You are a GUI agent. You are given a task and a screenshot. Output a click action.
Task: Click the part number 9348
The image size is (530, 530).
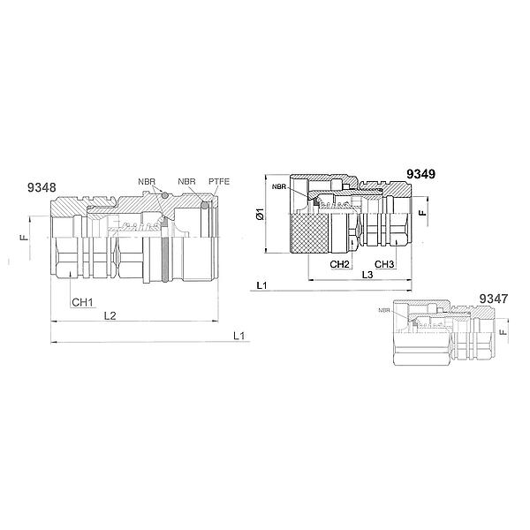click(42, 187)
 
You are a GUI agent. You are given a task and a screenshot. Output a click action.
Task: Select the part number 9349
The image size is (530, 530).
click(420, 174)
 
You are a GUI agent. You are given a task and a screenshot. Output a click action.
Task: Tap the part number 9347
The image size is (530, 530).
click(494, 299)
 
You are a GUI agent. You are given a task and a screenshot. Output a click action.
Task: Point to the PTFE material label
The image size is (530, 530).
click(219, 181)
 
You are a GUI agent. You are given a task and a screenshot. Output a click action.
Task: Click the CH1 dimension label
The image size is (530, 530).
click(82, 302)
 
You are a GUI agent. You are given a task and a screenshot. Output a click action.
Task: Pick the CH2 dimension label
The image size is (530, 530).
click(339, 264)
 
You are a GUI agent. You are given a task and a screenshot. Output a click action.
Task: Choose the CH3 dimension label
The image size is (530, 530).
click(384, 264)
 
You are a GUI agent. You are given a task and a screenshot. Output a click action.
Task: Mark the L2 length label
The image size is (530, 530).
click(110, 315)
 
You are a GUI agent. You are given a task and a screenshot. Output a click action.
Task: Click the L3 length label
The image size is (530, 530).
click(367, 275)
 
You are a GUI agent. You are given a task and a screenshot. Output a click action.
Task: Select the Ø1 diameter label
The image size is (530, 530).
click(261, 215)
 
